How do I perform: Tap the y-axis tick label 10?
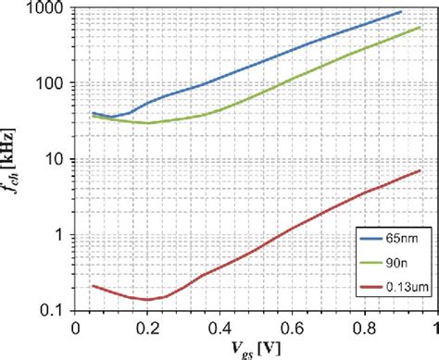click(x=53, y=159)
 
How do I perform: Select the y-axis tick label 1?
click(x=56, y=235)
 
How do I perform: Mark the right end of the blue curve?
click(x=401, y=11)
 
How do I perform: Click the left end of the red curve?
click(x=93, y=286)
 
